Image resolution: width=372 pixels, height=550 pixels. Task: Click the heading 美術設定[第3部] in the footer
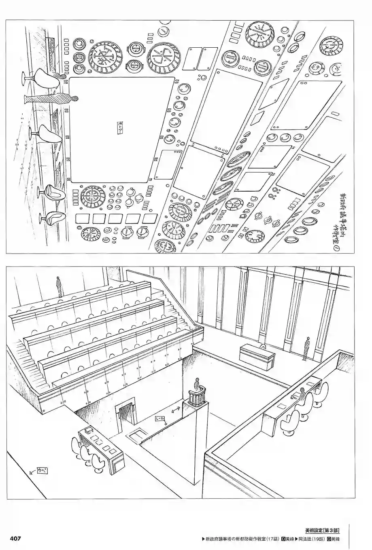(322, 530)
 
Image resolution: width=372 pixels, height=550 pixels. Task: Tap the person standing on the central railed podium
(198, 383)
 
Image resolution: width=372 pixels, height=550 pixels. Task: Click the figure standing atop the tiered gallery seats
(59, 286)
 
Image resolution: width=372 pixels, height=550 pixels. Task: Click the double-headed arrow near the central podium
(176, 411)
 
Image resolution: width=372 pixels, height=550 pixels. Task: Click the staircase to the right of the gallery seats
(178, 317)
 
